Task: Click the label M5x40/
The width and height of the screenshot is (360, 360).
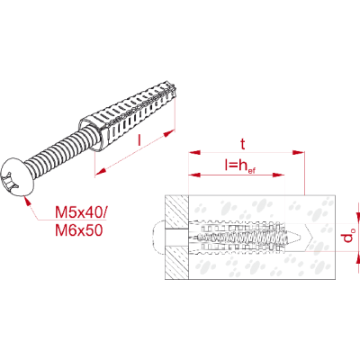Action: pyautogui.click(x=80, y=212)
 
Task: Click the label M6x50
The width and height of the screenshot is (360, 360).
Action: pyautogui.click(x=79, y=230)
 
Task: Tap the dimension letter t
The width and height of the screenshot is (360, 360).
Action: pyautogui.click(x=243, y=144)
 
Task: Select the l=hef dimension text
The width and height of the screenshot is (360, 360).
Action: pyautogui.click(x=240, y=166)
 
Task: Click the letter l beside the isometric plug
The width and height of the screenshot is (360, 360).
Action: pyautogui.click(x=139, y=140)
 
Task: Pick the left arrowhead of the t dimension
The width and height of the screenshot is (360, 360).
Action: pyautogui.click(x=194, y=152)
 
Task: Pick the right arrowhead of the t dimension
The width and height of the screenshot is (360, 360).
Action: pyautogui.click(x=299, y=152)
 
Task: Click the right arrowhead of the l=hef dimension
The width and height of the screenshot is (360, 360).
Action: pyautogui.click(x=278, y=175)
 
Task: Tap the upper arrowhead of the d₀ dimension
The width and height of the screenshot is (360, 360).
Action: pyautogui.click(x=357, y=217)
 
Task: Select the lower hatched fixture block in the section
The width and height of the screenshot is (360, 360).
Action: pyautogui.click(x=176, y=263)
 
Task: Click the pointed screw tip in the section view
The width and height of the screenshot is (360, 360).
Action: pyautogui.click(x=299, y=237)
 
